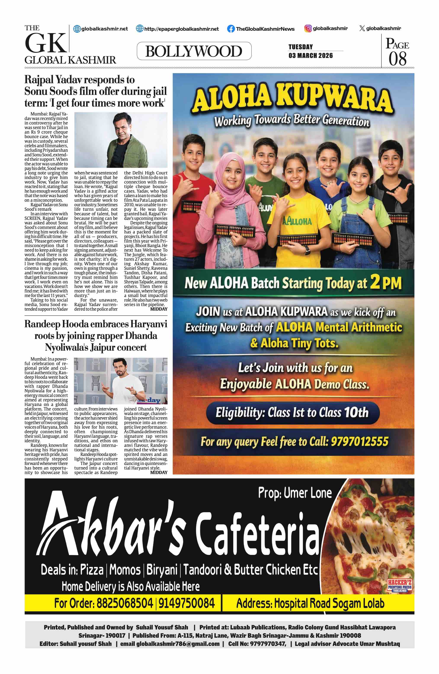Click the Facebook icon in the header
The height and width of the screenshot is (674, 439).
pyautogui.click(x=231, y=29)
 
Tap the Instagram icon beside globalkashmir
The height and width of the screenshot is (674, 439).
pyautogui.click(x=308, y=28)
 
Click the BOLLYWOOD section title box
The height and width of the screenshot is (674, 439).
pyautogui.click(x=194, y=51)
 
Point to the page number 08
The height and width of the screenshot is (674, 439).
pyautogui.click(x=397, y=59)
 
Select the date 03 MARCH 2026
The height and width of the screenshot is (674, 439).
pyautogui.click(x=311, y=56)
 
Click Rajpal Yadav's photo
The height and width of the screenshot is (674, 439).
pyautogui.click(x=121, y=140)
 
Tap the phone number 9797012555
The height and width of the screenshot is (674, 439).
pyautogui.click(x=360, y=441)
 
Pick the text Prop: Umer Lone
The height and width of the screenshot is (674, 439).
pyautogui.click(x=295, y=493)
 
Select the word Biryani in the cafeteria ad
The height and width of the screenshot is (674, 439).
pyautogui.click(x=162, y=570)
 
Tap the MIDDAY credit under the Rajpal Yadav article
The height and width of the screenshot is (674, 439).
pyautogui.click(x=159, y=309)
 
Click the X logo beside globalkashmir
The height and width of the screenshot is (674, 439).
pyautogui.click(x=362, y=28)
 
